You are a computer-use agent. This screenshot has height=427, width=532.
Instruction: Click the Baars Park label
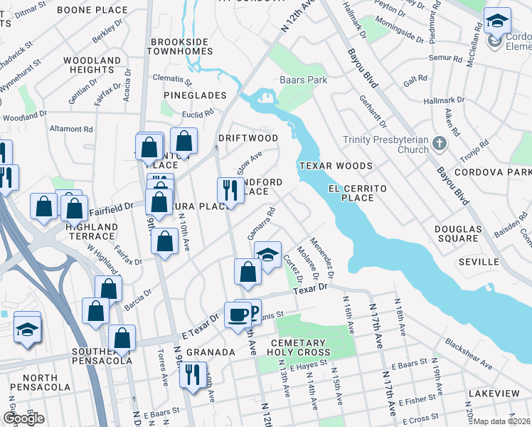click(x=304, y=80)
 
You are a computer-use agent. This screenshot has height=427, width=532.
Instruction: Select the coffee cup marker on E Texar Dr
click(x=238, y=314)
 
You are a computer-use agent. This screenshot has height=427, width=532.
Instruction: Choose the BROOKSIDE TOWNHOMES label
click(x=181, y=46)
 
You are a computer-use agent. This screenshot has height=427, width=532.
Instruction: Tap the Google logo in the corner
click(x=23, y=418)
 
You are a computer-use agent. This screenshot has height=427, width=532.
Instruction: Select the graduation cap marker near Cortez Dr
click(x=267, y=255)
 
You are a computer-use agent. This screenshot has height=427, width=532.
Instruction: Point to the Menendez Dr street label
click(x=321, y=257)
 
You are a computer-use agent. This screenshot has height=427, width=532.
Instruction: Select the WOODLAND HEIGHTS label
click(x=92, y=65)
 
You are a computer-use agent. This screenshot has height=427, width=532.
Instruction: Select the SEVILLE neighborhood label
click(x=479, y=262)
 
